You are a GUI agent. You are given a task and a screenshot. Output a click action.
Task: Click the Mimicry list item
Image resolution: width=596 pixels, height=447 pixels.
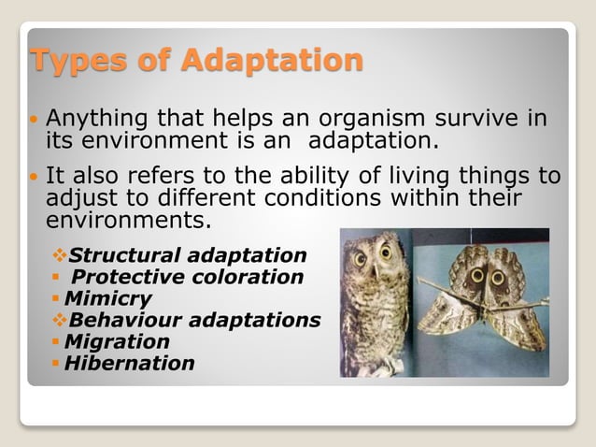[108, 299]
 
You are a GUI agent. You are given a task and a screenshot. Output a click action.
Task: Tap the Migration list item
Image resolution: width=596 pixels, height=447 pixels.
[117, 342]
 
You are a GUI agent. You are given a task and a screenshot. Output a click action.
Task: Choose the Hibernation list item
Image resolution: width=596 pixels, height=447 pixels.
[129, 364]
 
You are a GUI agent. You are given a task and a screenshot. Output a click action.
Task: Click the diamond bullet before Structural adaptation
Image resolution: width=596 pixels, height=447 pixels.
[60, 255]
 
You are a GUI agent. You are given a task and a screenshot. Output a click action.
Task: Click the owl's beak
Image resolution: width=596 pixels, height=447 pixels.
[374, 267]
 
